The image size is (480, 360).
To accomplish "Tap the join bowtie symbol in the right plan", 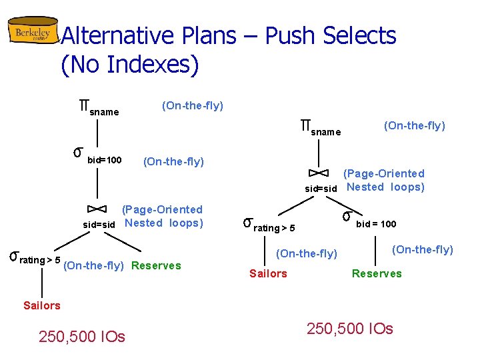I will point(320,173).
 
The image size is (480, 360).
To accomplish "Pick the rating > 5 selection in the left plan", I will point(34,259).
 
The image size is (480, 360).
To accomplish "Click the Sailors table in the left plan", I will point(41,305).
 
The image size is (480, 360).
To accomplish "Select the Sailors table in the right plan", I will point(268,273).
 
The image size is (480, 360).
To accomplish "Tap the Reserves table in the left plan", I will point(157,266).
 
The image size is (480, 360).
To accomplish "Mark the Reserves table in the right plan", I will point(377,273).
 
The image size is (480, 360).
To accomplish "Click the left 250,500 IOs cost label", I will point(82,337).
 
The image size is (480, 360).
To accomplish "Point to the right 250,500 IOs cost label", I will point(349,329).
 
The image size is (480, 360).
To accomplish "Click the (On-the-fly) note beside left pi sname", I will point(193,105).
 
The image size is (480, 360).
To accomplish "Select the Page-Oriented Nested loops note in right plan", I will point(384,180).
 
